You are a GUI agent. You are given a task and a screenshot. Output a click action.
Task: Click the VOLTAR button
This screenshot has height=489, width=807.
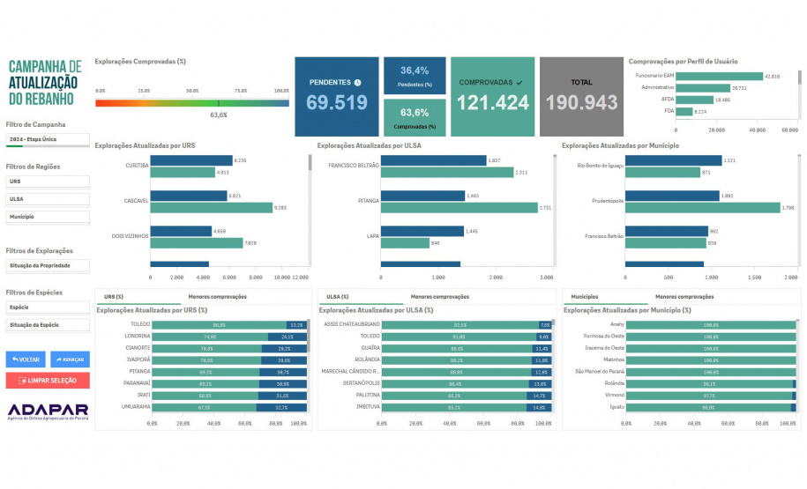26,359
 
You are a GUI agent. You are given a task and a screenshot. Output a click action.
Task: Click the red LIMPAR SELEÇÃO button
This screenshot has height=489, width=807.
47,381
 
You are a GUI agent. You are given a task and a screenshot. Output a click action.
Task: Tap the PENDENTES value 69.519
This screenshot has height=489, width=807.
337,102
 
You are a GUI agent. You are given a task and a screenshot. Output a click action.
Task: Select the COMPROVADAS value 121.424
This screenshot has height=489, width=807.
492,102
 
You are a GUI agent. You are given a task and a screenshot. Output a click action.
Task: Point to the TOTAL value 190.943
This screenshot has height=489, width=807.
581,102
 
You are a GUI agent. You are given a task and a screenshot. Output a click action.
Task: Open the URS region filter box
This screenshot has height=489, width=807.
47,182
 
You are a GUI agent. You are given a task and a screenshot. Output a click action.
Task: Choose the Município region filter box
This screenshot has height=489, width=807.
47,217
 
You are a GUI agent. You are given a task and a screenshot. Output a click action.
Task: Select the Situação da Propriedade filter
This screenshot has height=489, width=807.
47,265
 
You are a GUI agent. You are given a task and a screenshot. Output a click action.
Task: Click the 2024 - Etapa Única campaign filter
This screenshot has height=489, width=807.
47,139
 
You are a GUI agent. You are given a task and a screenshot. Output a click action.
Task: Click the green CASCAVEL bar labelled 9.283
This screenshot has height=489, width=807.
211,208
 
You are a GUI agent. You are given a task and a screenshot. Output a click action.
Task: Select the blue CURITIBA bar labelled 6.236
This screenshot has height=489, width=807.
191,160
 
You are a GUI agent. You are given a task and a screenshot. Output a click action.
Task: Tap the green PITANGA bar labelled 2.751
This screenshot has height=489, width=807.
460,208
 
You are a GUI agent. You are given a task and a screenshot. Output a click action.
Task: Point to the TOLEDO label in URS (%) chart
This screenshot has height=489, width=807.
139,324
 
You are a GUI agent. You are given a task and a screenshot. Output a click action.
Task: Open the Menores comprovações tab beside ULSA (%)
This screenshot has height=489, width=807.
439,297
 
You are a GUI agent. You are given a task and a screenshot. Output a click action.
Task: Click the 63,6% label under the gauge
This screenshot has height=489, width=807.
219,115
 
